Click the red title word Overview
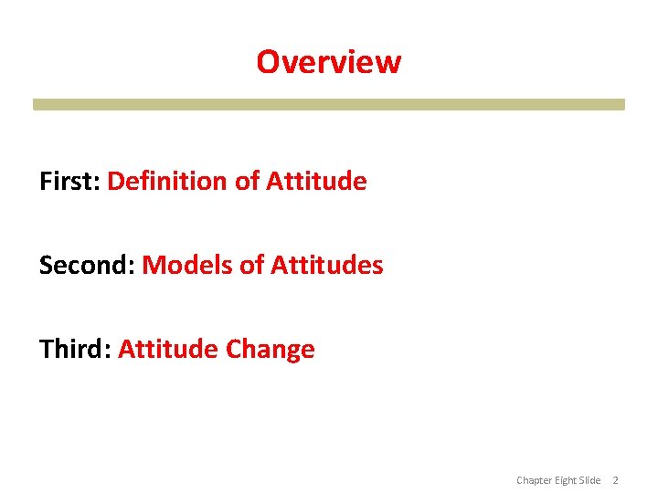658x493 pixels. point(328,62)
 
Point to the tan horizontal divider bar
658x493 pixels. point(328,104)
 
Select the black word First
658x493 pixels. point(69,181)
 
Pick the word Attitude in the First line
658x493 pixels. point(316,181)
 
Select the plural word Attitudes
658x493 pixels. point(326,266)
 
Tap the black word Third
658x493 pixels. point(74,350)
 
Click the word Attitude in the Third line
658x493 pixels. point(168,350)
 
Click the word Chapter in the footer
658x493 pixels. point(535,480)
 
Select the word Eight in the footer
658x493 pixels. point(568,480)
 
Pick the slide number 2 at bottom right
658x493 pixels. point(615,480)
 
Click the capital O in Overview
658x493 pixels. point(267,62)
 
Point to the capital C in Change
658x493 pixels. point(233,350)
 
